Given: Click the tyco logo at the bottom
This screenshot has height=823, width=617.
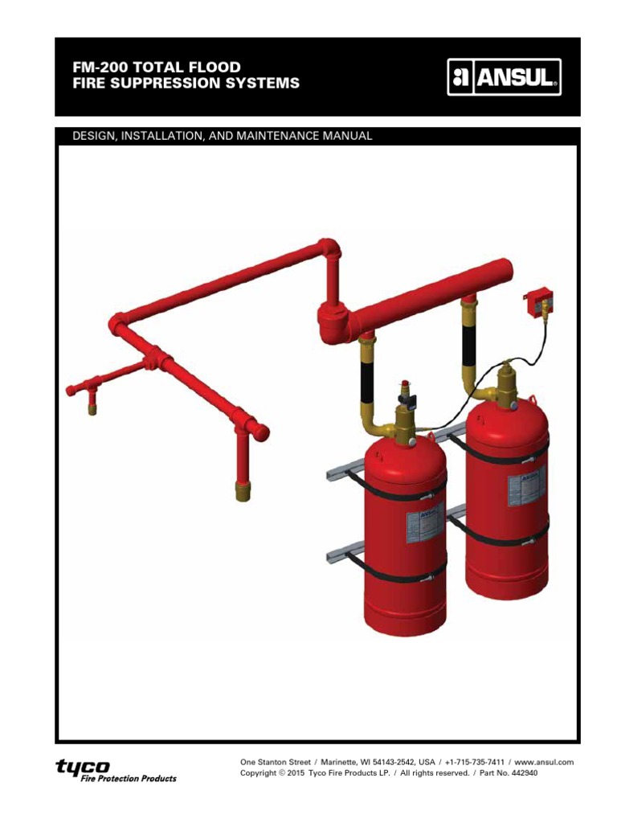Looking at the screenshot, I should click(x=83, y=767).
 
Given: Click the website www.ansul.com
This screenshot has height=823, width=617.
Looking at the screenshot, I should click(x=543, y=761).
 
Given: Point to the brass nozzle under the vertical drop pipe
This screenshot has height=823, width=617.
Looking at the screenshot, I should click(x=242, y=490).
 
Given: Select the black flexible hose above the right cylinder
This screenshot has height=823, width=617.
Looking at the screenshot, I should click(x=469, y=345).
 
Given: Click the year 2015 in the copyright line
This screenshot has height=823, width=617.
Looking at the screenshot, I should click(x=295, y=773).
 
